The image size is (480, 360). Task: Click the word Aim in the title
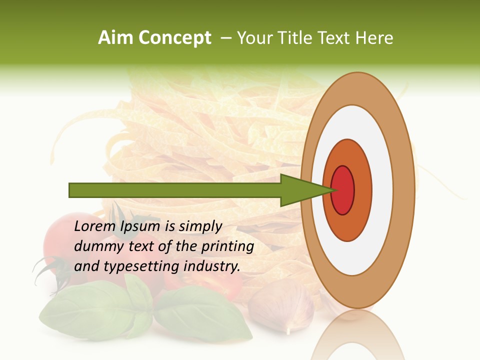(115, 38)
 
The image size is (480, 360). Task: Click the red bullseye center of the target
(343, 190)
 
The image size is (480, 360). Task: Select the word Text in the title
(334, 38)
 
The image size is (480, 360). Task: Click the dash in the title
(225, 38)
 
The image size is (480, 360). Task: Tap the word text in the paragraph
(142, 246)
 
